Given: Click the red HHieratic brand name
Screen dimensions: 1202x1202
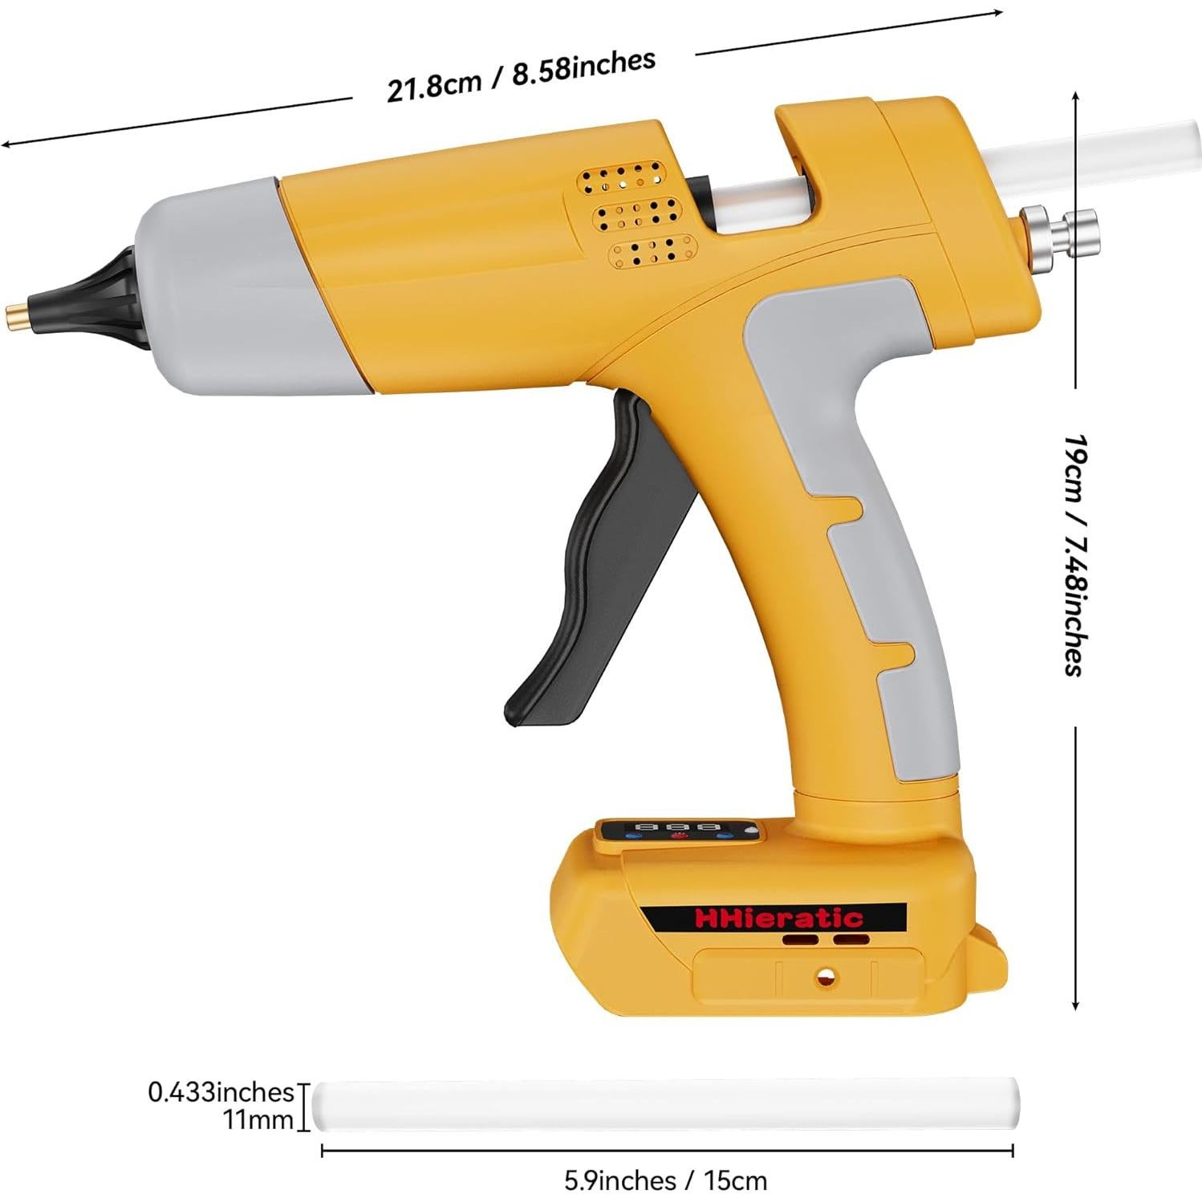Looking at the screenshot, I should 778,917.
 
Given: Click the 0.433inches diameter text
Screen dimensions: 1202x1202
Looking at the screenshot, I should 221,1092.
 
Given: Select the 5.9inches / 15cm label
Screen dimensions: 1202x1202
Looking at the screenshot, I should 665,1181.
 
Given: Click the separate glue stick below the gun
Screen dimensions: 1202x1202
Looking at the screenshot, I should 666,1106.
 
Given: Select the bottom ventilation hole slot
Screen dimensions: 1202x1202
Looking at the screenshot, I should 651,250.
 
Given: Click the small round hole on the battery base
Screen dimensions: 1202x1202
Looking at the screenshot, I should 823,977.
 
